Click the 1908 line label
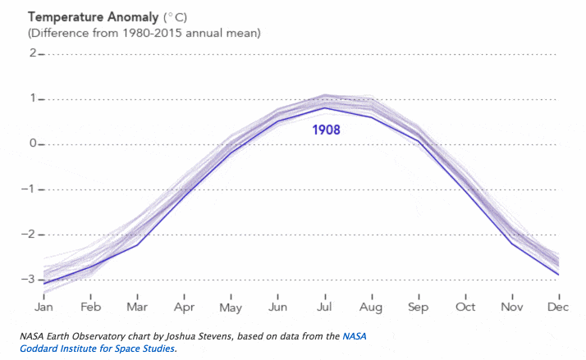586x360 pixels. point(325,130)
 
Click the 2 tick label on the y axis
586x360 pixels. point(33,54)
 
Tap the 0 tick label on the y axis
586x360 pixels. point(33,144)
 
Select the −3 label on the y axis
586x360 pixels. point(30,280)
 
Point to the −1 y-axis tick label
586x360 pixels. point(30,189)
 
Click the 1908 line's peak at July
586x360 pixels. point(324,108)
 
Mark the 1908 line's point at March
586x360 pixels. point(137,244)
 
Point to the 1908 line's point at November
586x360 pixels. point(511,244)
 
